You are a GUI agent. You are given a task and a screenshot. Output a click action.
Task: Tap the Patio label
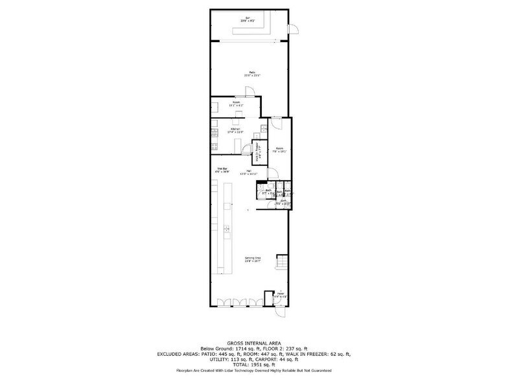tap(251, 73)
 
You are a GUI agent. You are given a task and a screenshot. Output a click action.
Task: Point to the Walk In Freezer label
tap(257, 154)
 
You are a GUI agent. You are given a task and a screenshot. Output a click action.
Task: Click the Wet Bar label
tap(222, 170)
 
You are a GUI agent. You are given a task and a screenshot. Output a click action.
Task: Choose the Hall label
tap(249, 172)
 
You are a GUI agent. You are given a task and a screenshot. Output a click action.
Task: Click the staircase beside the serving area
tap(281, 263)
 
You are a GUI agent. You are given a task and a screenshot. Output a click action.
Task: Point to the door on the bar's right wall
tap(293, 29)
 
